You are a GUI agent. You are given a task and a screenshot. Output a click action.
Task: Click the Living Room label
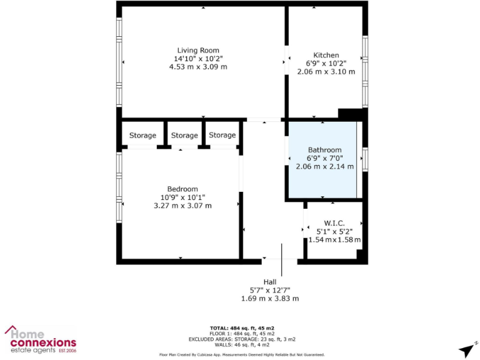pos(197,51)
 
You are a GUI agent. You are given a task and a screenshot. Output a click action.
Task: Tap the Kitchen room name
pos(326,55)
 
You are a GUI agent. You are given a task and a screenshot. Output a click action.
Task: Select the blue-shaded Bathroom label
pos(324,150)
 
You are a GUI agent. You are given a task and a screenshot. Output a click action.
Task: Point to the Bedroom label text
pos(182,189)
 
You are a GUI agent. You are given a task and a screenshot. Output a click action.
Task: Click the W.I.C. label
pos(334,223)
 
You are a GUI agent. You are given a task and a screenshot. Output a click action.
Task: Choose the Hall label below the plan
pos(270,282)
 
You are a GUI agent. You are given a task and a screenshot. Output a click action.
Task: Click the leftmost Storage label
pos(142,136)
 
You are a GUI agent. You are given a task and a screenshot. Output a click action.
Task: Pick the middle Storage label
pos(184,136)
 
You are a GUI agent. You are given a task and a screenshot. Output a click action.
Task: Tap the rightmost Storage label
pos(222,135)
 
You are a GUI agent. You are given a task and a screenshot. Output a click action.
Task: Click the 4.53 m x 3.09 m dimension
pos(197,67)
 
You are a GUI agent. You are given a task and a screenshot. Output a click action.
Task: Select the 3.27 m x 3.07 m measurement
pos(182,206)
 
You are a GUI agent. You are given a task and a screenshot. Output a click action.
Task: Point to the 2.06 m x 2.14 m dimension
pos(324,166)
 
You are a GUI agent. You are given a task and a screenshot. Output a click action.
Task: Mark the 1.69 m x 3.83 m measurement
pos(270,298)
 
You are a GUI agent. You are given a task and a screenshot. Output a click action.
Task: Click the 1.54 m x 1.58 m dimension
pos(334,239)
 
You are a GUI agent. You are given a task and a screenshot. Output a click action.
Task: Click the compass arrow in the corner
pos(466,350)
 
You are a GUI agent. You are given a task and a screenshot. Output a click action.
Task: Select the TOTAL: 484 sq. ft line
pos(242,328)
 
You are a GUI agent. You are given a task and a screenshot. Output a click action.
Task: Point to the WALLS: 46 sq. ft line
pos(242,344)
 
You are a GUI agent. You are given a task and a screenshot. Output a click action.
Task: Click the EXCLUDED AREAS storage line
pos(242,339)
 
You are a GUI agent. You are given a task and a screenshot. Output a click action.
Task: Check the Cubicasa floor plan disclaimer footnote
pos(242,354)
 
